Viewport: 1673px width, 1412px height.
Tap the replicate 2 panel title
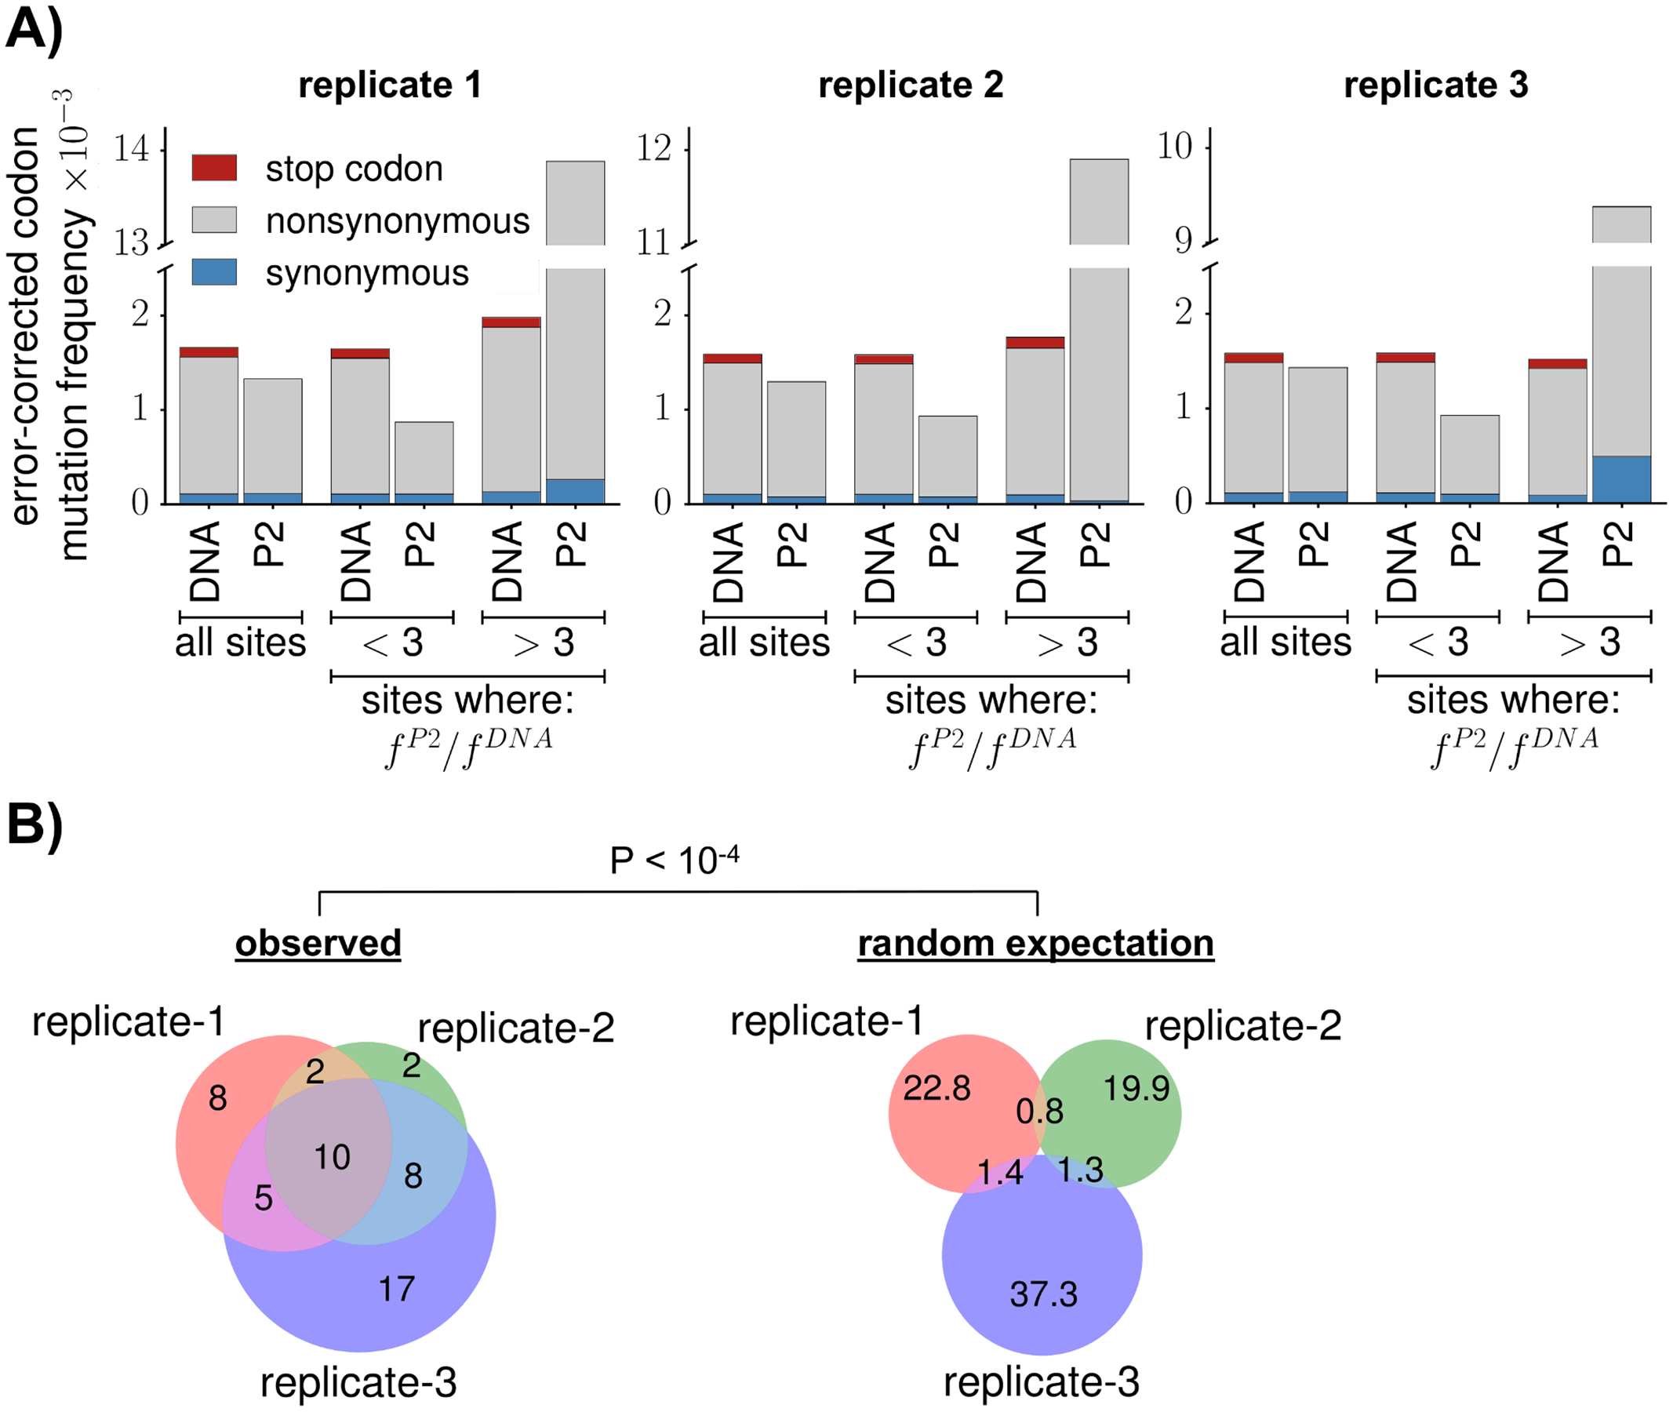point(910,85)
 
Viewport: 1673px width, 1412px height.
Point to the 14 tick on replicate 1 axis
point(132,150)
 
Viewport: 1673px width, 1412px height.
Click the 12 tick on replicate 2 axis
point(654,149)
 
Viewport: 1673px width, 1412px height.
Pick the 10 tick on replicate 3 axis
point(1175,147)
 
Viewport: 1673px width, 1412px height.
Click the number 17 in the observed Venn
point(397,1289)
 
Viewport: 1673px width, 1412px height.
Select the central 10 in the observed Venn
point(332,1156)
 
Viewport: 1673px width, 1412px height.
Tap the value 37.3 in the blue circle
point(1043,1294)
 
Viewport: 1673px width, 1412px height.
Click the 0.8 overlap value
point(1039,1111)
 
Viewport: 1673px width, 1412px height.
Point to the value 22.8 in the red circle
point(937,1089)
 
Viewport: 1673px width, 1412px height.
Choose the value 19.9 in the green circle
point(1136,1089)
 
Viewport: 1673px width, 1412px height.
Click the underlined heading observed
point(318,943)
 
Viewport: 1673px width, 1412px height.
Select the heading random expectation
point(1035,943)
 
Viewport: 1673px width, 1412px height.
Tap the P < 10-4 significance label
point(674,861)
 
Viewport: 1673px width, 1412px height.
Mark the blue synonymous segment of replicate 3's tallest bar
point(1621,479)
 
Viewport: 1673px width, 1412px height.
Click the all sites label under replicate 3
point(1285,642)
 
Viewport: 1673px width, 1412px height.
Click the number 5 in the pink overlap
point(264,1199)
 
